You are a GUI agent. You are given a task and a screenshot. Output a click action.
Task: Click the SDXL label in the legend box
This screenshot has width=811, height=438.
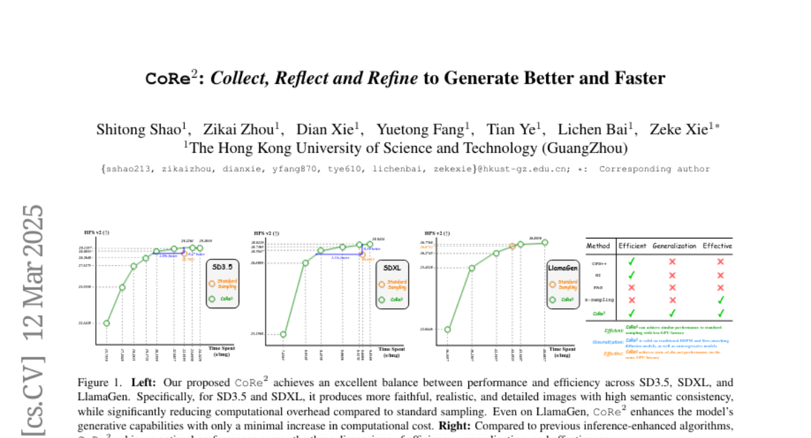tap(392, 268)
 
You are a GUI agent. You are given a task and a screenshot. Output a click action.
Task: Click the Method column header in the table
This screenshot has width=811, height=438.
tap(598, 246)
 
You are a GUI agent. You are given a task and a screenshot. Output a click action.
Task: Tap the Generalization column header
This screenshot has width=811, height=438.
tap(674, 246)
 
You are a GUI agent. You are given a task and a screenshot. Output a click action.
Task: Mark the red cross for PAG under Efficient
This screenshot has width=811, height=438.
tap(631, 287)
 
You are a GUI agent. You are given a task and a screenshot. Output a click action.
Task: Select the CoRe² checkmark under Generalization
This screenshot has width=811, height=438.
tap(672, 313)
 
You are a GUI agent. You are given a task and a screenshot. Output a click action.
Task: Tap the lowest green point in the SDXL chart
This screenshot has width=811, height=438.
tap(283, 334)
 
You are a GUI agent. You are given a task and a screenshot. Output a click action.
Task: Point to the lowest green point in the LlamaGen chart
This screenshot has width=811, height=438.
tap(447, 330)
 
